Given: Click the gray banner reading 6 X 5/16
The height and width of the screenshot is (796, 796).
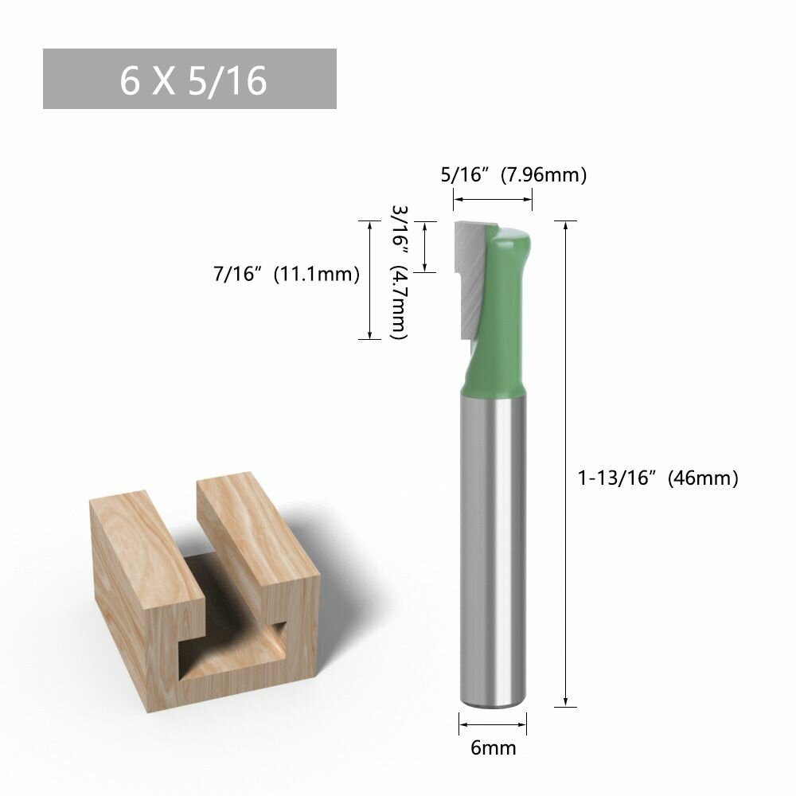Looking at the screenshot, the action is [x=189, y=79].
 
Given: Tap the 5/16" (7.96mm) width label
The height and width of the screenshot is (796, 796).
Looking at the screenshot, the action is [x=513, y=174].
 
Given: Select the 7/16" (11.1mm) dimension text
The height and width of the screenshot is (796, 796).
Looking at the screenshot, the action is [x=287, y=274].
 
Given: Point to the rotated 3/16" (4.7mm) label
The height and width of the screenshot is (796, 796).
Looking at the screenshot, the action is [x=400, y=272].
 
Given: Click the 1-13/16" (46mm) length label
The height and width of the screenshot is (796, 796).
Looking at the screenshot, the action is [x=658, y=478].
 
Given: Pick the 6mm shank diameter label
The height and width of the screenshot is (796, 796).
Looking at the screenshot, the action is [x=493, y=747].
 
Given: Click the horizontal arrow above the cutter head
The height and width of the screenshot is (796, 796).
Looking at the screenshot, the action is [x=493, y=200].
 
